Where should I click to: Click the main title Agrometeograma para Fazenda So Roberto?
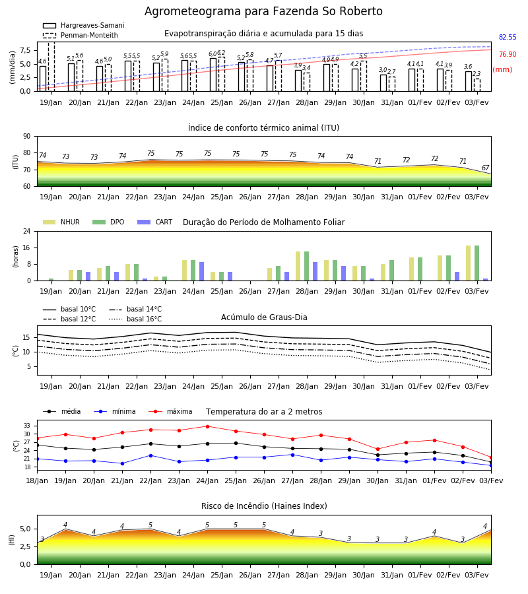click(x=263, y=11)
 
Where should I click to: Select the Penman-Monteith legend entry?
click(x=81, y=35)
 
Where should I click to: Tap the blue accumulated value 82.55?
click(x=508, y=37)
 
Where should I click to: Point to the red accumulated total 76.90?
click(x=508, y=54)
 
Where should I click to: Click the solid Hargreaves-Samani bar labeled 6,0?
click(x=213, y=75)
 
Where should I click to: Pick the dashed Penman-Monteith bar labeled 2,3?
click(x=477, y=85)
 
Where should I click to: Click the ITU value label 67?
click(x=485, y=168)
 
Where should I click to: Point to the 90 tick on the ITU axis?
click(x=27, y=137)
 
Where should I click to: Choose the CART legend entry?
click(x=154, y=222)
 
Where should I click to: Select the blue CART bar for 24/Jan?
click(x=202, y=271)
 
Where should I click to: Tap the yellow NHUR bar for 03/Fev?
click(x=468, y=263)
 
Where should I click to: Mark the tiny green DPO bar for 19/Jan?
click(x=51, y=280)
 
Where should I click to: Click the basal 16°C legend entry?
click(x=135, y=319)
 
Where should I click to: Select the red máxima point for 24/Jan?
click(x=207, y=426)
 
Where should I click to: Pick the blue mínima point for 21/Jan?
click(x=122, y=463)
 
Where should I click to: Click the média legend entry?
click(x=62, y=411)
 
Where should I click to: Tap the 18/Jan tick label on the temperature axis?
click(x=37, y=480)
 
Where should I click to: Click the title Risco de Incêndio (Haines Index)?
click(x=264, y=506)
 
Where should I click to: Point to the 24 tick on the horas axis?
click(x=27, y=231)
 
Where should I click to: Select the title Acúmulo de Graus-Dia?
click(x=264, y=317)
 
